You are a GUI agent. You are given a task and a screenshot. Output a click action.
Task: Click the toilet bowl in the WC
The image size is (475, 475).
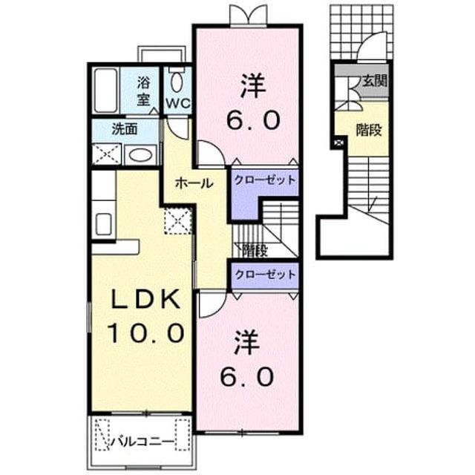[177, 82]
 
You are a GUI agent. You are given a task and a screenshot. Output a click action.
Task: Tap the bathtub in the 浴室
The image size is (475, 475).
[105, 91]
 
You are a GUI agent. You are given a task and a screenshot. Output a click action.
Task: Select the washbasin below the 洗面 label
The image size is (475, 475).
[140, 155]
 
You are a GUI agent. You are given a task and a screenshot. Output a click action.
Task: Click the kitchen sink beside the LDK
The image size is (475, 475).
[104, 224]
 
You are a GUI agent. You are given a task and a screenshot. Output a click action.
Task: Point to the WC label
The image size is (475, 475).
[178, 104]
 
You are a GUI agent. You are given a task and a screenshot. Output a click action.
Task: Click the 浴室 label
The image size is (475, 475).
[143, 91]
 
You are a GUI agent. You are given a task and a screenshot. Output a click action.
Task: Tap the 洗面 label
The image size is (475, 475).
[125, 129]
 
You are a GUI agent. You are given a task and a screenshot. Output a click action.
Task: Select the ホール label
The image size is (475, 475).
[194, 183]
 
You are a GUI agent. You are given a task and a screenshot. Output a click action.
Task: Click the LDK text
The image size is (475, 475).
[145, 299]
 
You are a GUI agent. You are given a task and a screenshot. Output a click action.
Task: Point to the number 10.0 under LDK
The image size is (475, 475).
[147, 332]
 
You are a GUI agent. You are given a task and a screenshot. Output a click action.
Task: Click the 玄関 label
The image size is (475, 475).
[375, 81]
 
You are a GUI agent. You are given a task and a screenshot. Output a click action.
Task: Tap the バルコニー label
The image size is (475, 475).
[142, 442]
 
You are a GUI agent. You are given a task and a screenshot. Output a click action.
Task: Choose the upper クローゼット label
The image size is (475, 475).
[265, 180]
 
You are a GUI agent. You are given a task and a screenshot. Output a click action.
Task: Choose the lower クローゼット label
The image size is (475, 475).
[265, 275]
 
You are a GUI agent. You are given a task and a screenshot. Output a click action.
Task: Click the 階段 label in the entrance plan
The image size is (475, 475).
[368, 130]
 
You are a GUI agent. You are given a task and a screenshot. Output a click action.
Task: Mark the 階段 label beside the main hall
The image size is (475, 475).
[255, 251]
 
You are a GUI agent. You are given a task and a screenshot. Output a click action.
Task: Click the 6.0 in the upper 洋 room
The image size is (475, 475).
[253, 119]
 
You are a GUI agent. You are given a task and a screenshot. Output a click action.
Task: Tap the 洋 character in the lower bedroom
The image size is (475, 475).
[247, 343]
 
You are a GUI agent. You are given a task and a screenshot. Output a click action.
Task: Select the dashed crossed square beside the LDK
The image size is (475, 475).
[178, 221]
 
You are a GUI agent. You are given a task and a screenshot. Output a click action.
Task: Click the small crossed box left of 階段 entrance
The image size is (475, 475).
[339, 142]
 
